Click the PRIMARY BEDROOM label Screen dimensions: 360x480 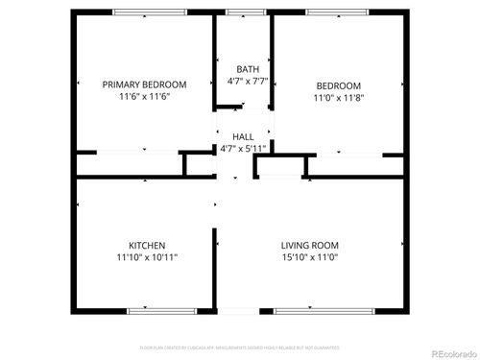coord(144,84)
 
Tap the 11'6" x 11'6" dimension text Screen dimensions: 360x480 coord(144,97)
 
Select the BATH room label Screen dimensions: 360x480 coord(248,69)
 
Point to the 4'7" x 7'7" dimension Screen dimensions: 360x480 coord(248,82)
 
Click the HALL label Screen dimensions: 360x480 coord(243,138)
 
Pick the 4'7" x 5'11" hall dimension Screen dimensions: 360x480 coord(243,150)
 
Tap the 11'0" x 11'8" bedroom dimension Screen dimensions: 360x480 coord(338,97)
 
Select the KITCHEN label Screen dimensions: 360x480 coord(147,245)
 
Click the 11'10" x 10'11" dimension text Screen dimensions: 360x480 coord(147,257)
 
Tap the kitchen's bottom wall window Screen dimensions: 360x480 coord(155,311)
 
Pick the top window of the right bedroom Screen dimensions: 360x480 coord(337,12)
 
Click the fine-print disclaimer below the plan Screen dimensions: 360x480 coord(240,347)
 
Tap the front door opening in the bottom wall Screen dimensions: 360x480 coord(244,311)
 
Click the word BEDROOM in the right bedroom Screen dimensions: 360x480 coord(338,84)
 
